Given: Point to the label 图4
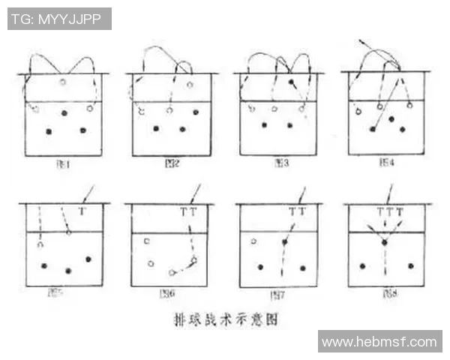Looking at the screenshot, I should coord(387,162).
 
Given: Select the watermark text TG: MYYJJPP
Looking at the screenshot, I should coord(59,19).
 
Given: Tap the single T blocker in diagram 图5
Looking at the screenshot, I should coord(82,212).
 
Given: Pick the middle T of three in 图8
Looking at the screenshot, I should coord(389,212).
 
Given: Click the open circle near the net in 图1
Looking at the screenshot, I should coord(63,81).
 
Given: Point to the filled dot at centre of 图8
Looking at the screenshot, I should coord(384,243).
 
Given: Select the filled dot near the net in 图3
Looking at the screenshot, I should coord(291,81).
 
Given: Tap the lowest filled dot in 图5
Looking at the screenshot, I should coord(68,270).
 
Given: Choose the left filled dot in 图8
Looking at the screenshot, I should coord(362,265).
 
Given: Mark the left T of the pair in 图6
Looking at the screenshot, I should coord(184,212).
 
